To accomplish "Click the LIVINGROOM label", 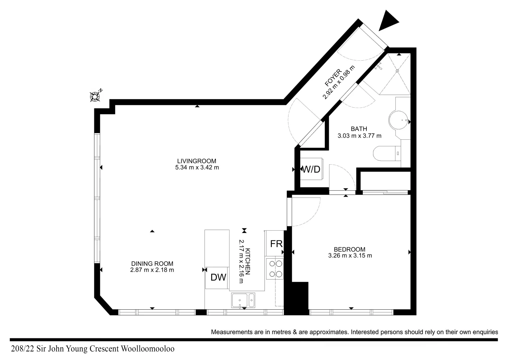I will [197, 161].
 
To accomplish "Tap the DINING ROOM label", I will [152, 264].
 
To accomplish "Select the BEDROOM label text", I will [349, 249].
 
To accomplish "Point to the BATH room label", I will [359, 129].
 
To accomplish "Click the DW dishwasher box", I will [218, 277].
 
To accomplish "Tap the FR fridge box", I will [276, 244].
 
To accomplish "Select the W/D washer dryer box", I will [311, 169].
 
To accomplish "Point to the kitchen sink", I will [243, 300].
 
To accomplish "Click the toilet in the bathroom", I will [386, 154].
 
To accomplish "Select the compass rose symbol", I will [96, 96].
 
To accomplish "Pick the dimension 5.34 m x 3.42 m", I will [197, 168].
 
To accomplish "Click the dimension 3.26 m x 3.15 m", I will [350, 256].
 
